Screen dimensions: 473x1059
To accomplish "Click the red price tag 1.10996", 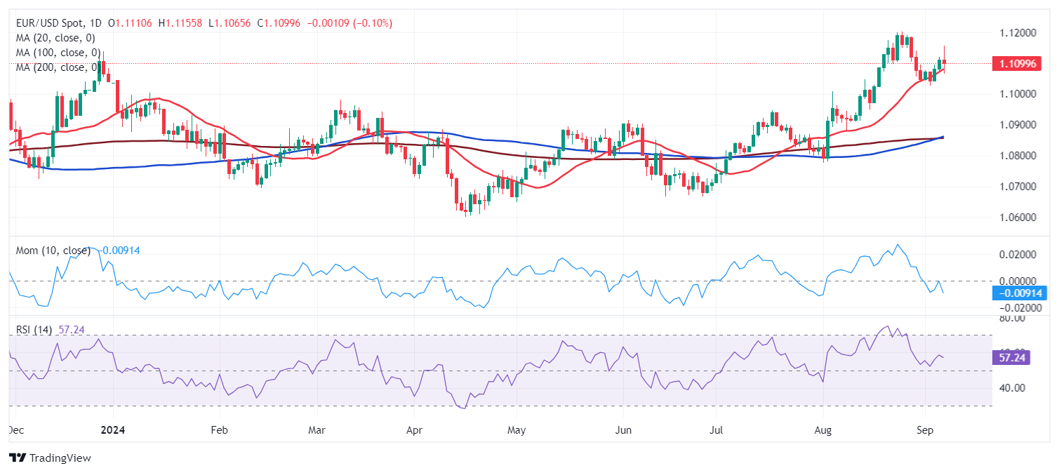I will [x=1017, y=64].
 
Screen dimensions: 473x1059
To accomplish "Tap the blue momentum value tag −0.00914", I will [x=1018, y=293].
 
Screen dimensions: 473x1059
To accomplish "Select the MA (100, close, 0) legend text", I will [x=58, y=53].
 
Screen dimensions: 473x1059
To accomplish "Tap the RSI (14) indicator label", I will [x=34, y=330].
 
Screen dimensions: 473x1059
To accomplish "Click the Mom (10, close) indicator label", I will [x=53, y=250].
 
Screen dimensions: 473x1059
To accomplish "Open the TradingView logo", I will [x=51, y=458].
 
